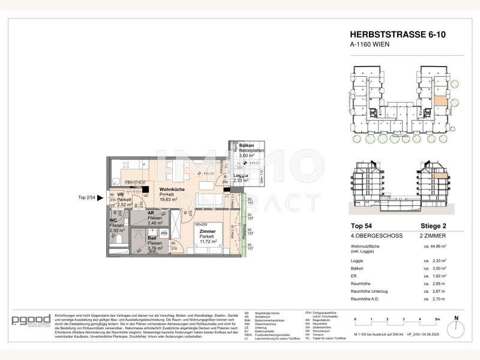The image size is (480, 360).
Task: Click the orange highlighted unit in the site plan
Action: click(x=440, y=101)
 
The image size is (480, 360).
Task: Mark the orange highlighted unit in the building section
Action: click(x=440, y=176)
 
